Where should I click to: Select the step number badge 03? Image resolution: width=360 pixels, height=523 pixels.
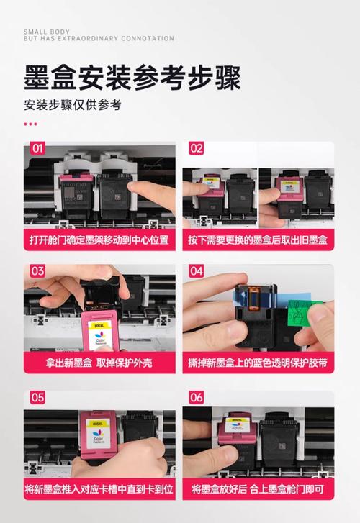coord(37,272)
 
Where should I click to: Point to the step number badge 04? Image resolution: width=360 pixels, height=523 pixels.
coord(196,272)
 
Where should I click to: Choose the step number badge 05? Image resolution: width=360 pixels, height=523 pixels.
coord(37,397)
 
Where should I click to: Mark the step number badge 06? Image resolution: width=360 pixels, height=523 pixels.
coord(196,397)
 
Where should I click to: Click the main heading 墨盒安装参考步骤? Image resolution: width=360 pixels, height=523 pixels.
coord(132,76)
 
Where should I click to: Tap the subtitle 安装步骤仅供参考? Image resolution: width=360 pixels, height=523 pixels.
coord(73,105)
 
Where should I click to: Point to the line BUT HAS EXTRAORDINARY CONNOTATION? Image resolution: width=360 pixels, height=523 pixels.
coord(99,39)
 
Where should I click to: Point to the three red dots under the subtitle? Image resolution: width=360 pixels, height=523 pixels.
coord(30,124)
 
